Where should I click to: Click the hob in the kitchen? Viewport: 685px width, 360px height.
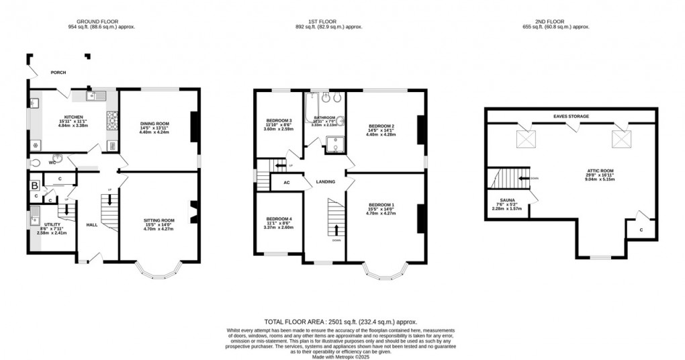(111, 121)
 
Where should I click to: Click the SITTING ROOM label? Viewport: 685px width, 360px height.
(158, 220)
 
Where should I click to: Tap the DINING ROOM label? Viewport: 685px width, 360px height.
(154, 124)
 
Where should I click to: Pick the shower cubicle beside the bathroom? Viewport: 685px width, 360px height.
(332, 143)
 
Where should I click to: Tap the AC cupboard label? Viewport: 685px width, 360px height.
(286, 182)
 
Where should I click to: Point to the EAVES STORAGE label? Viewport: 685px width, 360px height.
(571, 116)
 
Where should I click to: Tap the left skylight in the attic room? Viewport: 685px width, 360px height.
(524, 139)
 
